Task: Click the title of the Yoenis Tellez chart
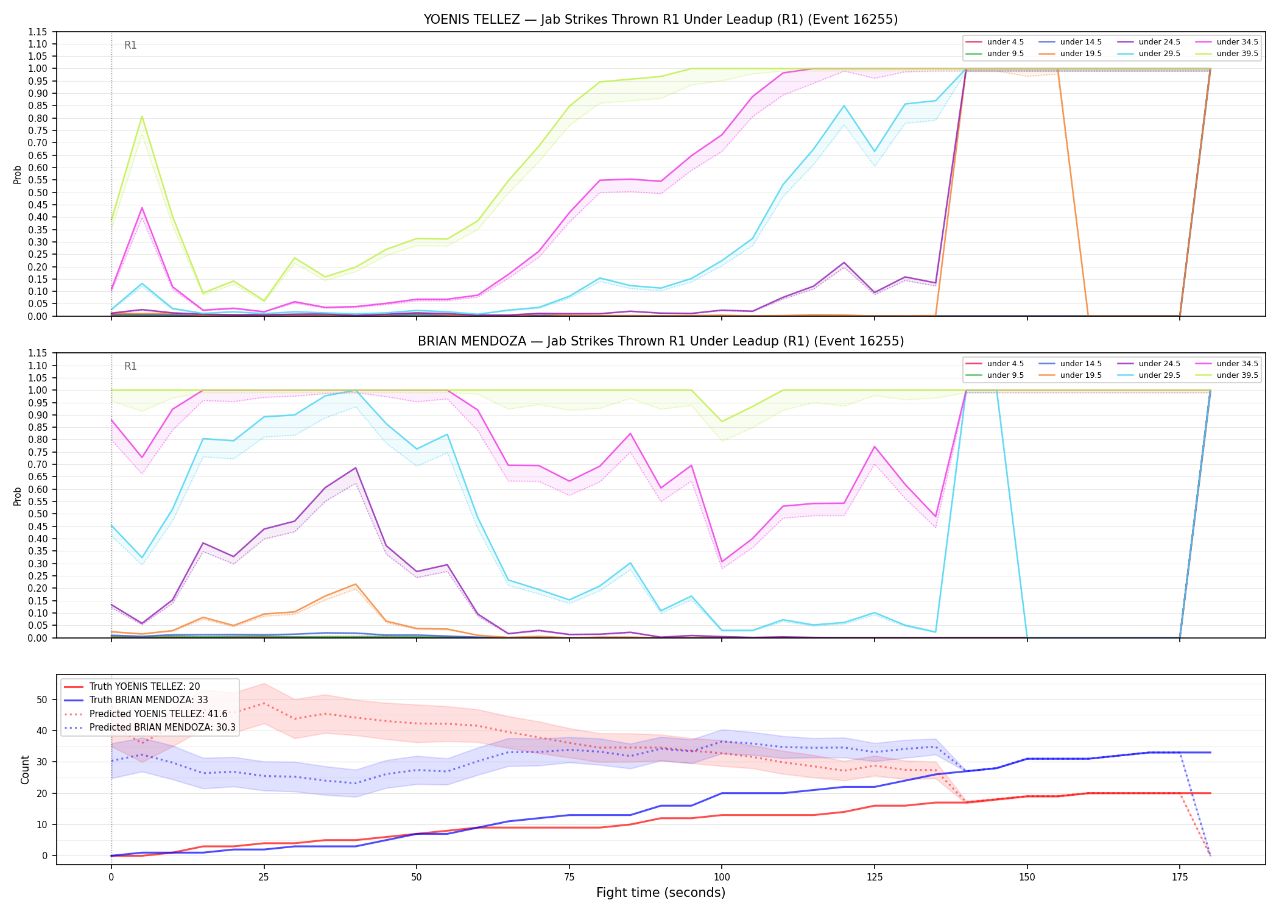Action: [661, 19]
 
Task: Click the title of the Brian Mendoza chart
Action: [661, 341]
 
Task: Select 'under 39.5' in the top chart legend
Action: [1237, 54]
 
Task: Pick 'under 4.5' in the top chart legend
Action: [1006, 42]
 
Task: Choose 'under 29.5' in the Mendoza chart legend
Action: [1159, 375]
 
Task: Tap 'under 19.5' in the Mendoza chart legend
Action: [1081, 375]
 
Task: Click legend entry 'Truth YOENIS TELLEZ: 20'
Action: [144, 687]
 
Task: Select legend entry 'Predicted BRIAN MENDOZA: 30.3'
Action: [163, 728]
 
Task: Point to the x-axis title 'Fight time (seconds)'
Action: [661, 893]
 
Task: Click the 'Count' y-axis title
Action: [25, 770]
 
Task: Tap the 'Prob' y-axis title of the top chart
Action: [18, 174]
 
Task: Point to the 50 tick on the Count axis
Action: [41, 700]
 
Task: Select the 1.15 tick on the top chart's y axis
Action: [37, 32]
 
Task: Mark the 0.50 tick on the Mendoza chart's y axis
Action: [37, 514]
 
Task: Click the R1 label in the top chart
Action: [130, 45]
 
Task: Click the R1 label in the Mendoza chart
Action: [130, 366]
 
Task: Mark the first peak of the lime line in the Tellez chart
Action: [142, 116]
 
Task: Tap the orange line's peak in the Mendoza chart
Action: [356, 584]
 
